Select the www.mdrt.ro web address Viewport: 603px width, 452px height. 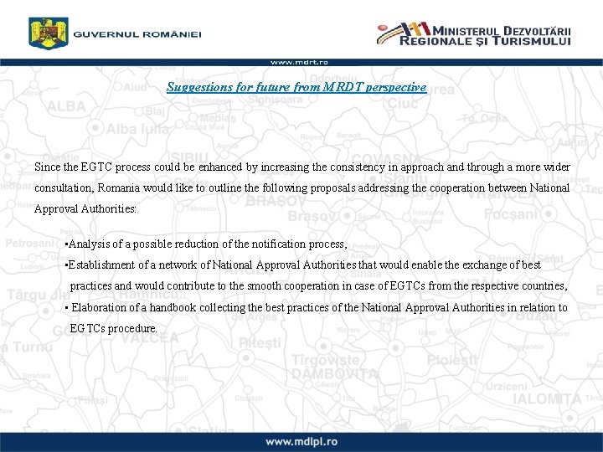coord(299,61)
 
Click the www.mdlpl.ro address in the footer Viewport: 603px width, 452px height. coord(301,441)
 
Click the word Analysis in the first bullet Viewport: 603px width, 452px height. coord(90,244)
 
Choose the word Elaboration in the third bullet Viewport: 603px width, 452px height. coord(99,307)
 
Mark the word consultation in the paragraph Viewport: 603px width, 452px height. coord(64,187)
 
